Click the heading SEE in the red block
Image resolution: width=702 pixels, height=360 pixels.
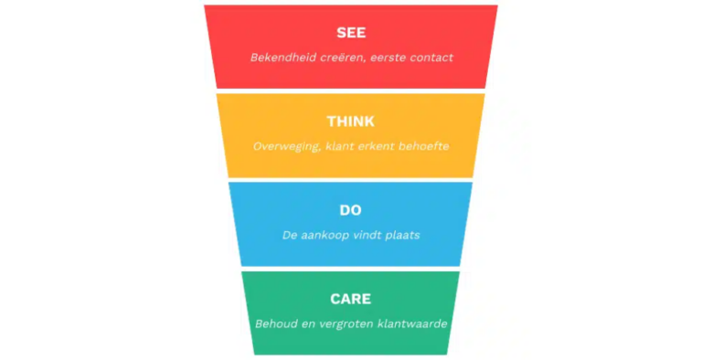(x=351, y=33)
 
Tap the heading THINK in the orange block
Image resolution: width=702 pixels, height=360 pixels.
(x=351, y=122)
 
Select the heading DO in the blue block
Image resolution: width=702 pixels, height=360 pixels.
(x=351, y=211)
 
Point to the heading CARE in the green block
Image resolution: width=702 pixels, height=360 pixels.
(x=351, y=299)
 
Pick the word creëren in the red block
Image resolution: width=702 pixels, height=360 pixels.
(x=342, y=57)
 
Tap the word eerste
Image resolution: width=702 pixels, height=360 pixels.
(x=390, y=57)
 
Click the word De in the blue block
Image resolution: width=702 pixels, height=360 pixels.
(x=291, y=235)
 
